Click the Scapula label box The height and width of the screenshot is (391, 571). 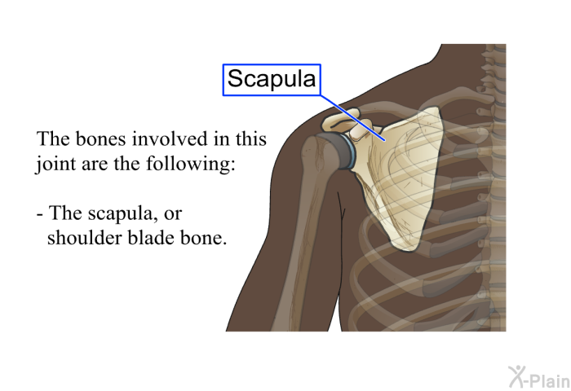click(272, 80)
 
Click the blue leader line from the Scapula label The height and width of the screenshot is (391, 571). click(352, 118)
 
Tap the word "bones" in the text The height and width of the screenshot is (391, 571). click(101, 138)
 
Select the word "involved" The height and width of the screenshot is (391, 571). click(170, 138)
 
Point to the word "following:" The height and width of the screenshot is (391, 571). click(190, 163)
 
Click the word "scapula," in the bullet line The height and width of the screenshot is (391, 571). click(123, 213)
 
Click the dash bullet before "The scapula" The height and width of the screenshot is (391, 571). click(40, 214)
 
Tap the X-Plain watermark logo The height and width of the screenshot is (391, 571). click(539, 376)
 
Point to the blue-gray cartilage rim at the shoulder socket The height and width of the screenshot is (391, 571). click(349, 153)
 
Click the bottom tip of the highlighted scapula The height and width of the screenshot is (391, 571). click(405, 249)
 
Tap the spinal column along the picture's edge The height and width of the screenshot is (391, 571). click(495, 187)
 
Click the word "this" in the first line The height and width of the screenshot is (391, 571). click(251, 138)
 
